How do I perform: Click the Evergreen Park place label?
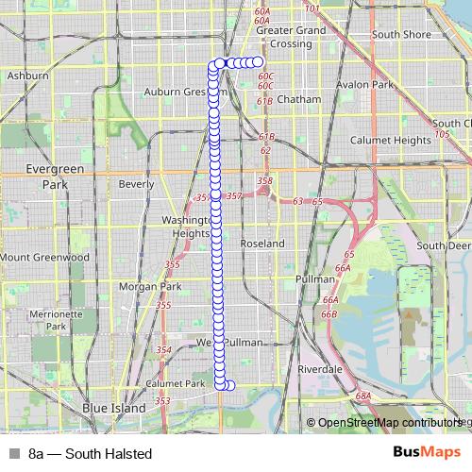click(42, 177)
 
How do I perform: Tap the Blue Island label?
click(114, 408)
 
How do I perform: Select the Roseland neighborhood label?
click(263, 243)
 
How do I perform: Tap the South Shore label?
click(400, 35)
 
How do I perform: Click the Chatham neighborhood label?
click(299, 98)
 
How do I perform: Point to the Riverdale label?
click(320, 368)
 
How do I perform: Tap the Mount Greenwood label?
click(44, 256)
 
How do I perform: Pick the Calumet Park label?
click(176, 384)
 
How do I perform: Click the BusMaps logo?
click(426, 453)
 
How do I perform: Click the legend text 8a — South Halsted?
click(90, 454)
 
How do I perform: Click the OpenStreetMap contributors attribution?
click(386, 423)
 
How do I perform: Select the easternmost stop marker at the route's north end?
click(258, 62)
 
